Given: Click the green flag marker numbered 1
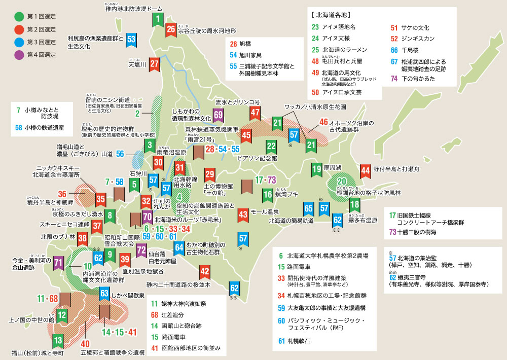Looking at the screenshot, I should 158,20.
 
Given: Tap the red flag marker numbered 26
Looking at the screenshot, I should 171,30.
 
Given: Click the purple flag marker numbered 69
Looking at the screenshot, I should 219,116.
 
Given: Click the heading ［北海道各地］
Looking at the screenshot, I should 334,14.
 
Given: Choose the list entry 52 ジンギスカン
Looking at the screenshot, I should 411,38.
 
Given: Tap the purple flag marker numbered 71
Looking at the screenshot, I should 58,262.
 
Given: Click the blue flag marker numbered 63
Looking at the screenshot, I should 104,293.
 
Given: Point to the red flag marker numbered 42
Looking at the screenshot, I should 204,272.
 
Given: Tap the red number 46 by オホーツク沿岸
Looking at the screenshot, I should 323,122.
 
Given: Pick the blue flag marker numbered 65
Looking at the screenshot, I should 308,208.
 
